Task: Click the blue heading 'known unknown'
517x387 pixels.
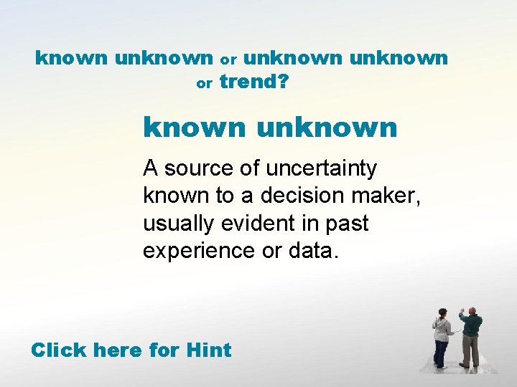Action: [270, 128]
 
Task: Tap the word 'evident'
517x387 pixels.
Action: [253, 224]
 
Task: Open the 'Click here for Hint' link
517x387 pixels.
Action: [131, 350]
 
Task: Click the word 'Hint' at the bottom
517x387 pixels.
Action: [208, 350]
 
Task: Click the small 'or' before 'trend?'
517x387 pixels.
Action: [204, 85]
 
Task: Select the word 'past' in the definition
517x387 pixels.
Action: [348, 224]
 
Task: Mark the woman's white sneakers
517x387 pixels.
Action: [441, 366]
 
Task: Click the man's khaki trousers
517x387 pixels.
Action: [470, 351]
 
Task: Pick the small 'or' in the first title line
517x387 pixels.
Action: [228, 59]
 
